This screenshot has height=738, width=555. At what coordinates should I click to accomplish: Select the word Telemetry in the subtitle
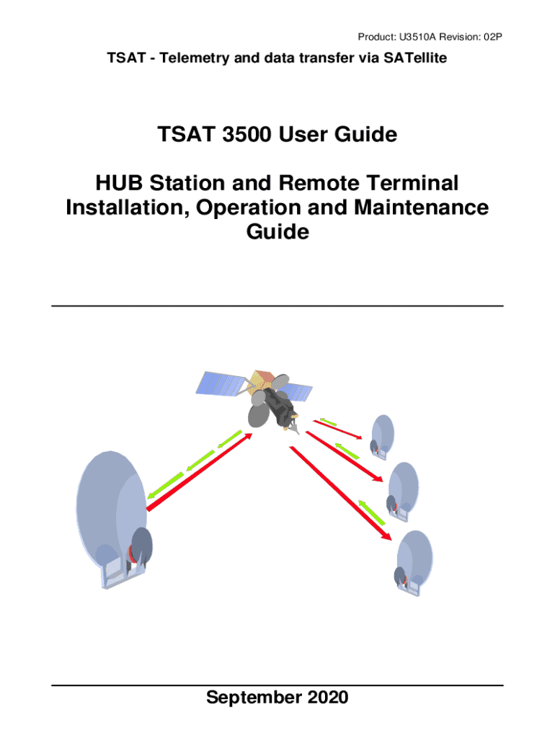[x=190, y=58]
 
